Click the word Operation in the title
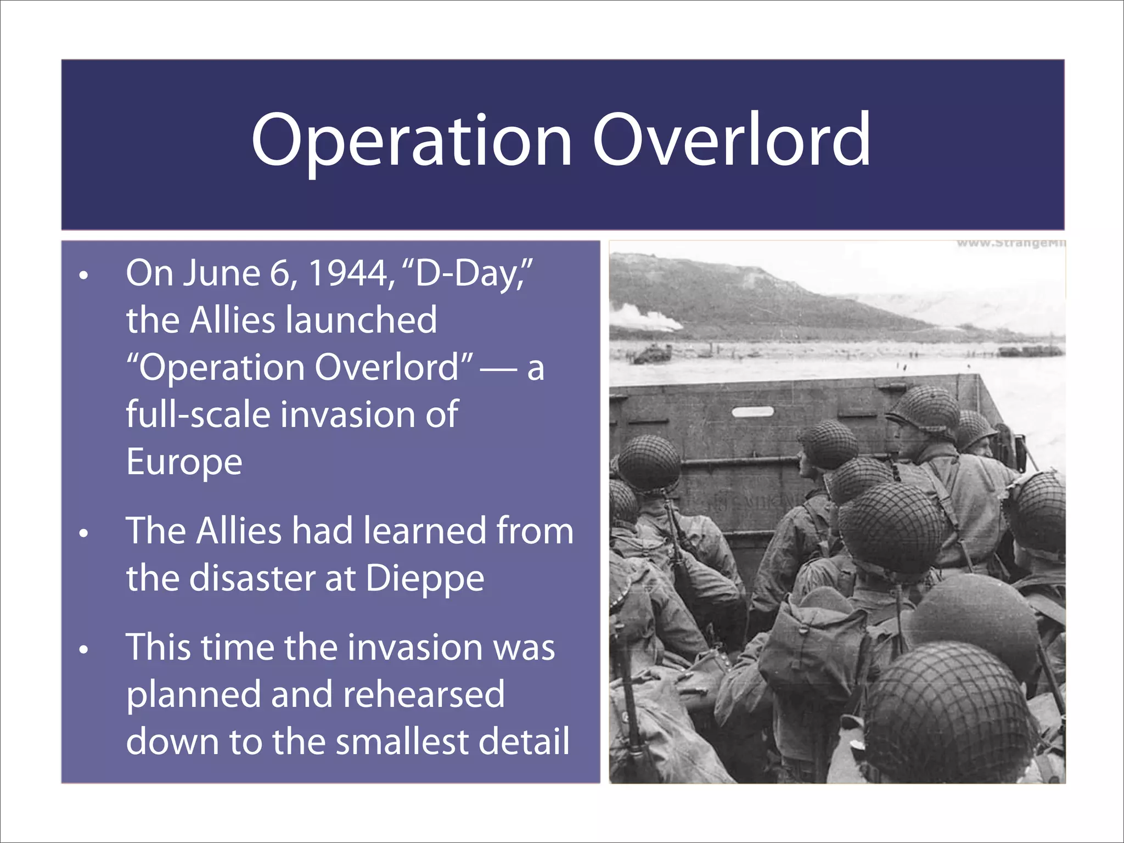pos(412,140)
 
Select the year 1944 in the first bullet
pos(351,273)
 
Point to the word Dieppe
pos(425,579)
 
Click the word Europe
pos(184,462)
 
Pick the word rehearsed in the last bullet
pos(423,695)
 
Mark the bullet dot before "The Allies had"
pos(83,533)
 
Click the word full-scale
pos(198,415)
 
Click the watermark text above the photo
pos(1010,243)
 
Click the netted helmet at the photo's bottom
pos(949,713)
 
